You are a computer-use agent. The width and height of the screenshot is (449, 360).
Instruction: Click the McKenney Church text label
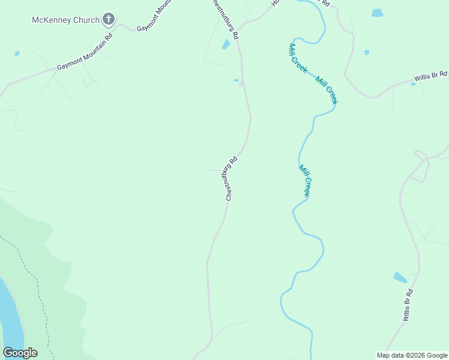click(65, 20)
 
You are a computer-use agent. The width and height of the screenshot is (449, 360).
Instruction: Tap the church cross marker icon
click(108, 20)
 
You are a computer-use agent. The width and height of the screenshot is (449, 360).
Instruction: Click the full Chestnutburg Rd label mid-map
click(232, 178)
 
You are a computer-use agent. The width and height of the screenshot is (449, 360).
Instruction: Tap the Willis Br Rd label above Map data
click(408, 304)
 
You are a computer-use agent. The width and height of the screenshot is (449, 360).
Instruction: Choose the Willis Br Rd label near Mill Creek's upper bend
click(430, 77)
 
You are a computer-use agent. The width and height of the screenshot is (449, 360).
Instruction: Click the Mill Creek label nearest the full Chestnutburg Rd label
click(304, 181)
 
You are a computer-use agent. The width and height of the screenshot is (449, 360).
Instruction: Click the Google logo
click(20, 353)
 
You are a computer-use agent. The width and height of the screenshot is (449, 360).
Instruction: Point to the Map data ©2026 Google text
click(412, 355)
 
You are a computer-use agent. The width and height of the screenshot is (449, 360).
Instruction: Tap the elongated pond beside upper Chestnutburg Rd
click(226, 44)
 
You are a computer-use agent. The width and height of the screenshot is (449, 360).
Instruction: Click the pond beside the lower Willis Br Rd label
click(400, 277)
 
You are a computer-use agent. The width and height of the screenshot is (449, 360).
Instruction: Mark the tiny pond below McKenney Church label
click(17, 53)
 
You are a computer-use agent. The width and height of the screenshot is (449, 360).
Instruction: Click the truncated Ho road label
click(276, 3)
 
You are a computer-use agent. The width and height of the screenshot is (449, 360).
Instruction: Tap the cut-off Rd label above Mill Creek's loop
click(325, 3)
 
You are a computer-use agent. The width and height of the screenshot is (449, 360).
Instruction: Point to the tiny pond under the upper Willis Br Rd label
click(413, 84)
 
